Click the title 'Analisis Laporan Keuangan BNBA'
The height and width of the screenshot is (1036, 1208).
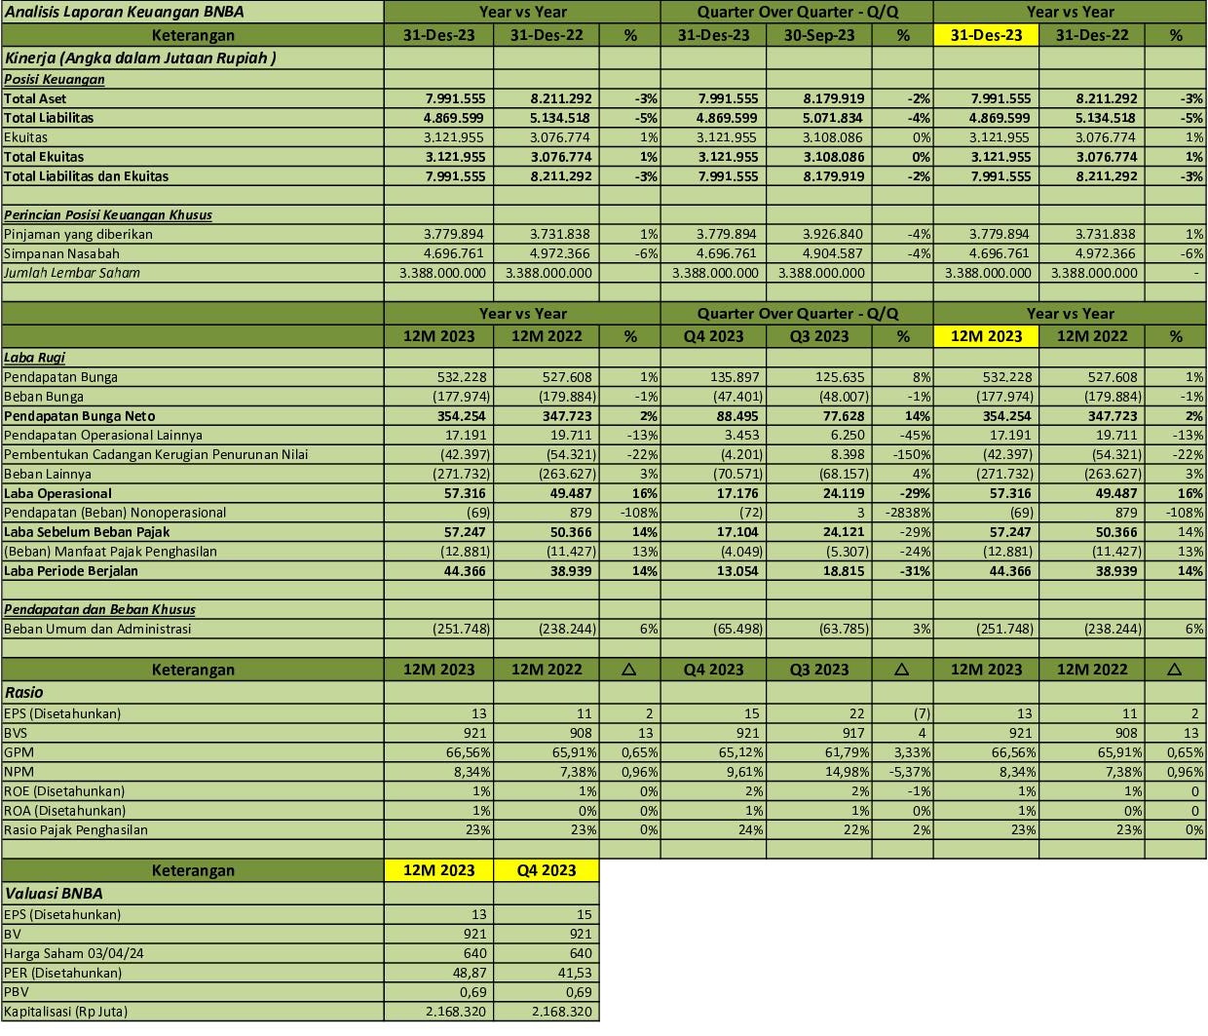click(124, 12)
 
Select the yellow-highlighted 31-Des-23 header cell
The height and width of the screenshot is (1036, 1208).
click(986, 35)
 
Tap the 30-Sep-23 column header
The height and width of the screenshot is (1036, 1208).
click(819, 35)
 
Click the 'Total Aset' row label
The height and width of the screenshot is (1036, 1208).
click(35, 98)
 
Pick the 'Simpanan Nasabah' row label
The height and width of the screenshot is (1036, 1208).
click(61, 253)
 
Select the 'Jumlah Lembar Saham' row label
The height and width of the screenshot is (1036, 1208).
click(72, 273)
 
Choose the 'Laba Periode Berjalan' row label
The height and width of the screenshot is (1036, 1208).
click(71, 571)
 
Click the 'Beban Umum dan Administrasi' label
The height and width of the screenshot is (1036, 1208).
click(97, 629)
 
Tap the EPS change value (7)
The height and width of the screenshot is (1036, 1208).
click(921, 713)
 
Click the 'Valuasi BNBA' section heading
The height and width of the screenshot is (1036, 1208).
click(54, 893)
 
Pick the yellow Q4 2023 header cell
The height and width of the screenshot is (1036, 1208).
click(546, 870)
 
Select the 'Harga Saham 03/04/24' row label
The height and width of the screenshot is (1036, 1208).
click(74, 953)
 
